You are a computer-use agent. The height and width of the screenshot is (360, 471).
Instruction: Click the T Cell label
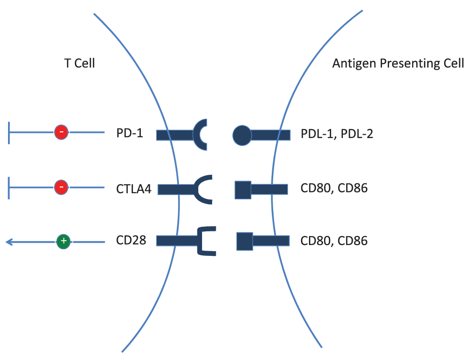pyautogui.click(x=80, y=64)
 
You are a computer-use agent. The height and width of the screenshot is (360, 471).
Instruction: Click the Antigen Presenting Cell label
pyautogui.click(x=398, y=64)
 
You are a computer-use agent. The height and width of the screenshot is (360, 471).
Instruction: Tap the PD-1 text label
pyautogui.click(x=130, y=133)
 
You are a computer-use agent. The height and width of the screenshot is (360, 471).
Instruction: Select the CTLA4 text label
pyautogui.click(x=134, y=189)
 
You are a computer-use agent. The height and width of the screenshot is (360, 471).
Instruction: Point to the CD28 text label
pyautogui.click(x=131, y=240)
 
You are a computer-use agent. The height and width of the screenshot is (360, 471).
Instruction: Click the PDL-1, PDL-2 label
pyautogui.click(x=337, y=134)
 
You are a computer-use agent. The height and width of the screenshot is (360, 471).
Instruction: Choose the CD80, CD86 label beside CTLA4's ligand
pyautogui.click(x=334, y=188)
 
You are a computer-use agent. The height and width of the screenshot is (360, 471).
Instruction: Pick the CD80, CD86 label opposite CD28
pyautogui.click(x=334, y=241)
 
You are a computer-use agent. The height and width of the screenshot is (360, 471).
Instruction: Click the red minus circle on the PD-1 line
pyautogui.click(x=61, y=132)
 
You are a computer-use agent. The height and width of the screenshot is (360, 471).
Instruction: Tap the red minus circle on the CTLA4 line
pyautogui.click(x=61, y=188)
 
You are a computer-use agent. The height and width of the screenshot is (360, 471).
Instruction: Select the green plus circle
pyautogui.click(x=64, y=241)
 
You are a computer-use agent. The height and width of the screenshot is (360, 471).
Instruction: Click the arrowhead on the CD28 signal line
pyautogui.click(x=9, y=242)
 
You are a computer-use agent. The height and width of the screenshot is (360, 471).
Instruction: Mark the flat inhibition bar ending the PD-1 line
pyautogui.click(x=9, y=133)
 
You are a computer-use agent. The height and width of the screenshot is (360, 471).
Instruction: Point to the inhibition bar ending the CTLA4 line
pyautogui.click(x=9, y=188)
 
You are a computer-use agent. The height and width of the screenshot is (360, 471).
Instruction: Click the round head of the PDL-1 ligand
pyautogui.click(x=242, y=135)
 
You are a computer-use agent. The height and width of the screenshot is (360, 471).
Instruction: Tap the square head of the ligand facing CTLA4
pyautogui.click(x=243, y=190)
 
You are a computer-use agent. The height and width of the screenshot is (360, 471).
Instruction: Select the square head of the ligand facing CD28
pyautogui.click(x=245, y=241)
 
